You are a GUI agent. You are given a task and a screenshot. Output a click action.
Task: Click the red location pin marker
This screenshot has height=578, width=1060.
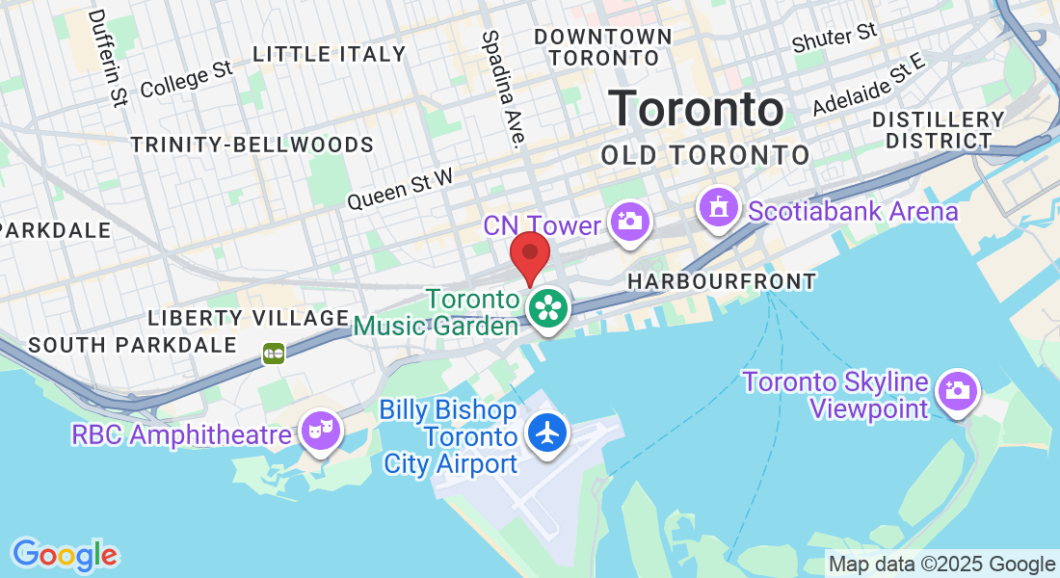pyautogui.click(x=529, y=257)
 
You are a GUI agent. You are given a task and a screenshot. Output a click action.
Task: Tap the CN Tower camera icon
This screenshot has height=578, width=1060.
pyautogui.click(x=630, y=221)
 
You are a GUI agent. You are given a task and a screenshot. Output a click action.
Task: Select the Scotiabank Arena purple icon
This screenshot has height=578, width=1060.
pyautogui.click(x=718, y=208)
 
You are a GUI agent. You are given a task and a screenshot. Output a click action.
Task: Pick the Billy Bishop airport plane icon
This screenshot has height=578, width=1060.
pyautogui.click(x=548, y=433)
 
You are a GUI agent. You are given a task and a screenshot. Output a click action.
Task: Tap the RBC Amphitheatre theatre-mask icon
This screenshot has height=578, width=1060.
pyautogui.click(x=316, y=431)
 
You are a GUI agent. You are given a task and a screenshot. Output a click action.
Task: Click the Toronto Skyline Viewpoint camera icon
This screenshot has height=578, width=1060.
pyautogui.click(x=957, y=391)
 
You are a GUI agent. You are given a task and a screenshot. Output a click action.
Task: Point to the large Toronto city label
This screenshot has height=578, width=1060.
pyautogui.click(x=695, y=108)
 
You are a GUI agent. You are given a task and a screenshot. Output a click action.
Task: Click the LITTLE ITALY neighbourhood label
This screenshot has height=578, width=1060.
pyautogui.click(x=330, y=54)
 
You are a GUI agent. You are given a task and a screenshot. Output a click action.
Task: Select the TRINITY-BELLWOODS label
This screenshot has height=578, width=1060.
pyautogui.click(x=252, y=145)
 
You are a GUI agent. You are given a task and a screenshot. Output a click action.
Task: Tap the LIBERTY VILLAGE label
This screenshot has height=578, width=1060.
pyautogui.click(x=248, y=318)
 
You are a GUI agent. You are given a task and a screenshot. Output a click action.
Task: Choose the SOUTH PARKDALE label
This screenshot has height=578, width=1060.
pyautogui.click(x=132, y=344)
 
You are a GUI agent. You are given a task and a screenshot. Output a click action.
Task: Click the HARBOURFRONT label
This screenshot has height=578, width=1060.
pyautogui.click(x=721, y=281)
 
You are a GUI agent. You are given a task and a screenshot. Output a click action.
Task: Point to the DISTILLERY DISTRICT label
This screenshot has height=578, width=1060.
pyautogui.click(x=939, y=130)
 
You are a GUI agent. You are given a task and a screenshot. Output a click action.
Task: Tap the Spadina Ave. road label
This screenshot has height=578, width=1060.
pyautogui.click(x=504, y=88)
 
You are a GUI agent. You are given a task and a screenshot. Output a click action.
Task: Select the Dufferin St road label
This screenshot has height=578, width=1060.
pyautogui.click(x=107, y=58)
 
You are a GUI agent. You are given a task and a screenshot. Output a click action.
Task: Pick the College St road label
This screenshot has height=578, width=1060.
pyautogui.click(x=187, y=79)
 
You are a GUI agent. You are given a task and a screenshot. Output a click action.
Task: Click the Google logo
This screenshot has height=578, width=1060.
pyautogui.click(x=65, y=554)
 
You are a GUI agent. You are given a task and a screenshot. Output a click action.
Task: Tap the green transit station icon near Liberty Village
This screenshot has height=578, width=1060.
pyautogui.click(x=274, y=354)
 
